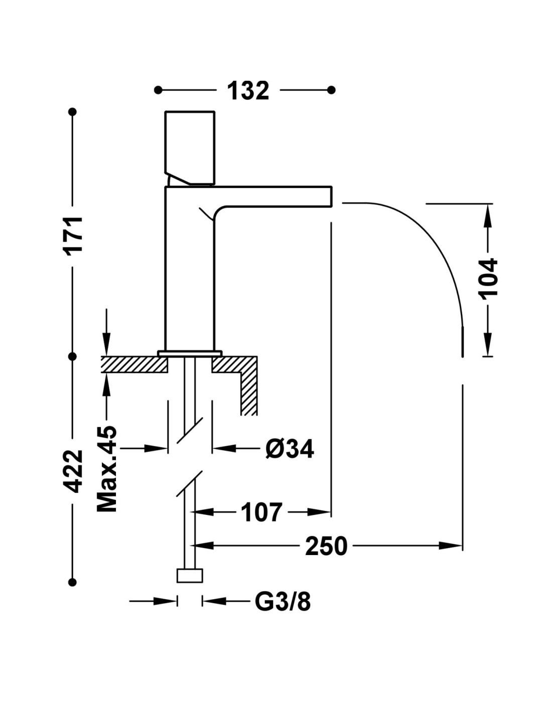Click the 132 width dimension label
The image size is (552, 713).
click(x=248, y=91)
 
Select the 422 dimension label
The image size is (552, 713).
click(x=75, y=471)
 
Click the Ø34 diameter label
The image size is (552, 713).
click(x=290, y=448)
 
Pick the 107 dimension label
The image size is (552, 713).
click(x=262, y=512)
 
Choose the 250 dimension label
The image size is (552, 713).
click(x=326, y=546)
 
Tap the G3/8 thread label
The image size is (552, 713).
click(x=283, y=601)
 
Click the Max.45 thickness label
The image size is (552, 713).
click(x=106, y=469)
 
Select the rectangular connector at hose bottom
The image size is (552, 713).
click(x=190, y=576)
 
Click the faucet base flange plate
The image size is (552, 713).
click(x=190, y=353)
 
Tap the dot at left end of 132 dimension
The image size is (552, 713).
click(x=158, y=90)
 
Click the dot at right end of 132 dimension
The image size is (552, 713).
click(x=331, y=90)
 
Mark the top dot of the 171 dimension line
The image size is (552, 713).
click(x=73, y=112)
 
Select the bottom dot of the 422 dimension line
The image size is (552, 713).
click(x=73, y=582)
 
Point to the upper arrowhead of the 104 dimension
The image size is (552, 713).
click(x=487, y=213)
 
